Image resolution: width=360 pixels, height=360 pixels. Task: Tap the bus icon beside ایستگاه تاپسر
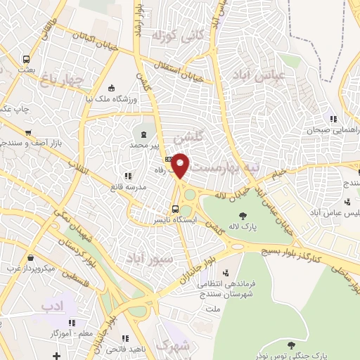(x=176, y=208)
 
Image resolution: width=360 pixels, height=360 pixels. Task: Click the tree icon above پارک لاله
(x=243, y=217)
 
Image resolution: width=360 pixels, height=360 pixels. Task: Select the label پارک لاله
(x=245, y=229)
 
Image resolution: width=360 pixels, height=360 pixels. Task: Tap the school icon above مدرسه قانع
(x=127, y=176)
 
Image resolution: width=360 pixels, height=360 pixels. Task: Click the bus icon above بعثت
(x=26, y=60)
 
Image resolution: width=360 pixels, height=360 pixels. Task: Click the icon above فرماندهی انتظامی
(x=226, y=273)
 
